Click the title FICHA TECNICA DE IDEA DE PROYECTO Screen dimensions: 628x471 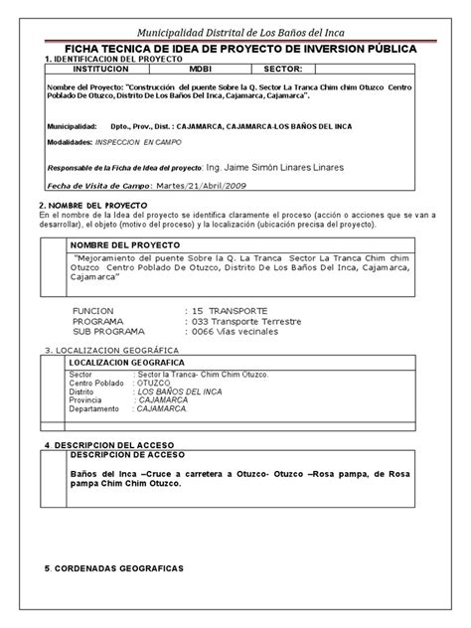(235, 47)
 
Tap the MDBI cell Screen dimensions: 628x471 (201, 71)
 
